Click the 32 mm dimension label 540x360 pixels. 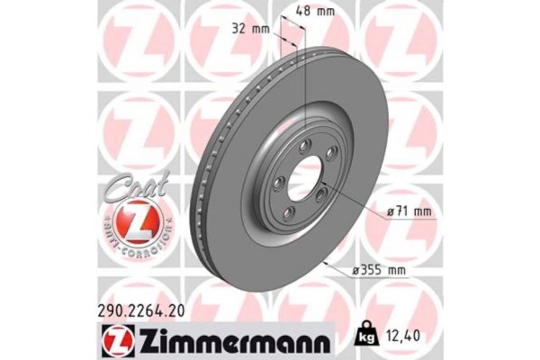(x=251, y=28)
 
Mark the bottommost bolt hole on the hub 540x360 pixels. (x=291, y=213)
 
